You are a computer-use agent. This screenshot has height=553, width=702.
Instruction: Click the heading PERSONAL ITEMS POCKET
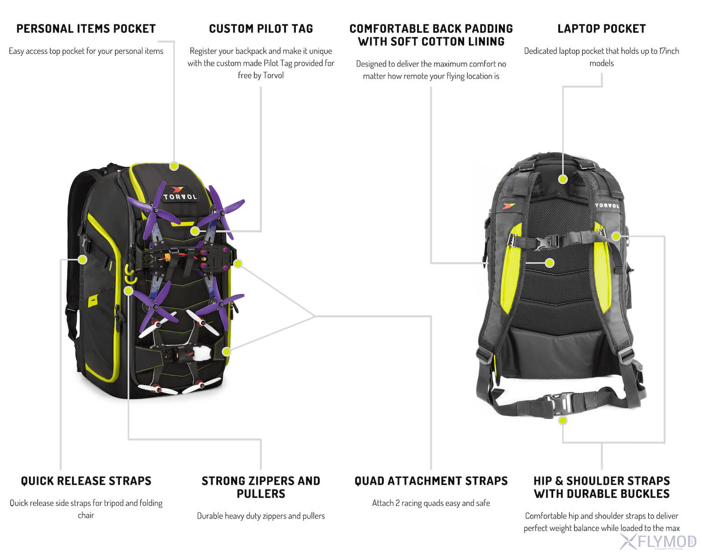pos(86,29)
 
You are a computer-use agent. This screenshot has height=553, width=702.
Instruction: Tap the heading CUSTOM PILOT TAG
pos(261,29)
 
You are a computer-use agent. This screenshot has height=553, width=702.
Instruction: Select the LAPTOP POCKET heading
pos(601,29)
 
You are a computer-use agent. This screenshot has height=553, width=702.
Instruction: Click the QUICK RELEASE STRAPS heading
pos(86,481)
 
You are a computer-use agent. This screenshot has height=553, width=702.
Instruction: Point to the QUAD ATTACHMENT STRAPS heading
pos(431,481)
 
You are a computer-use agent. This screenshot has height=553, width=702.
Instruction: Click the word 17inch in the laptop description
pos(669,51)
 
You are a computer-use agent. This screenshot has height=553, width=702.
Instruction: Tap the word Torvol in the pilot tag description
pos(273,75)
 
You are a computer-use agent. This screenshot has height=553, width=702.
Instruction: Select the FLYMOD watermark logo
pos(658,542)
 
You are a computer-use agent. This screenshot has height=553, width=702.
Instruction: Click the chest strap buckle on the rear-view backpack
pos(545,243)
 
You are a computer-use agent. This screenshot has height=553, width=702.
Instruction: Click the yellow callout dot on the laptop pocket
pos(563,179)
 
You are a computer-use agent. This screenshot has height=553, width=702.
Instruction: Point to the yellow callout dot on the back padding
pos(549,263)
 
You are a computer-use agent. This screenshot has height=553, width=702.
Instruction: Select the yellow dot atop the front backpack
pos(174,166)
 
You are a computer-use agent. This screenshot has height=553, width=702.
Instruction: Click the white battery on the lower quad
pos(202,353)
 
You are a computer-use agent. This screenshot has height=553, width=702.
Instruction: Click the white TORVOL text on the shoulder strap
pos(607,205)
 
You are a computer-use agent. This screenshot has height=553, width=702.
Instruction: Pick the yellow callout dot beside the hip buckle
pos(563,421)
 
